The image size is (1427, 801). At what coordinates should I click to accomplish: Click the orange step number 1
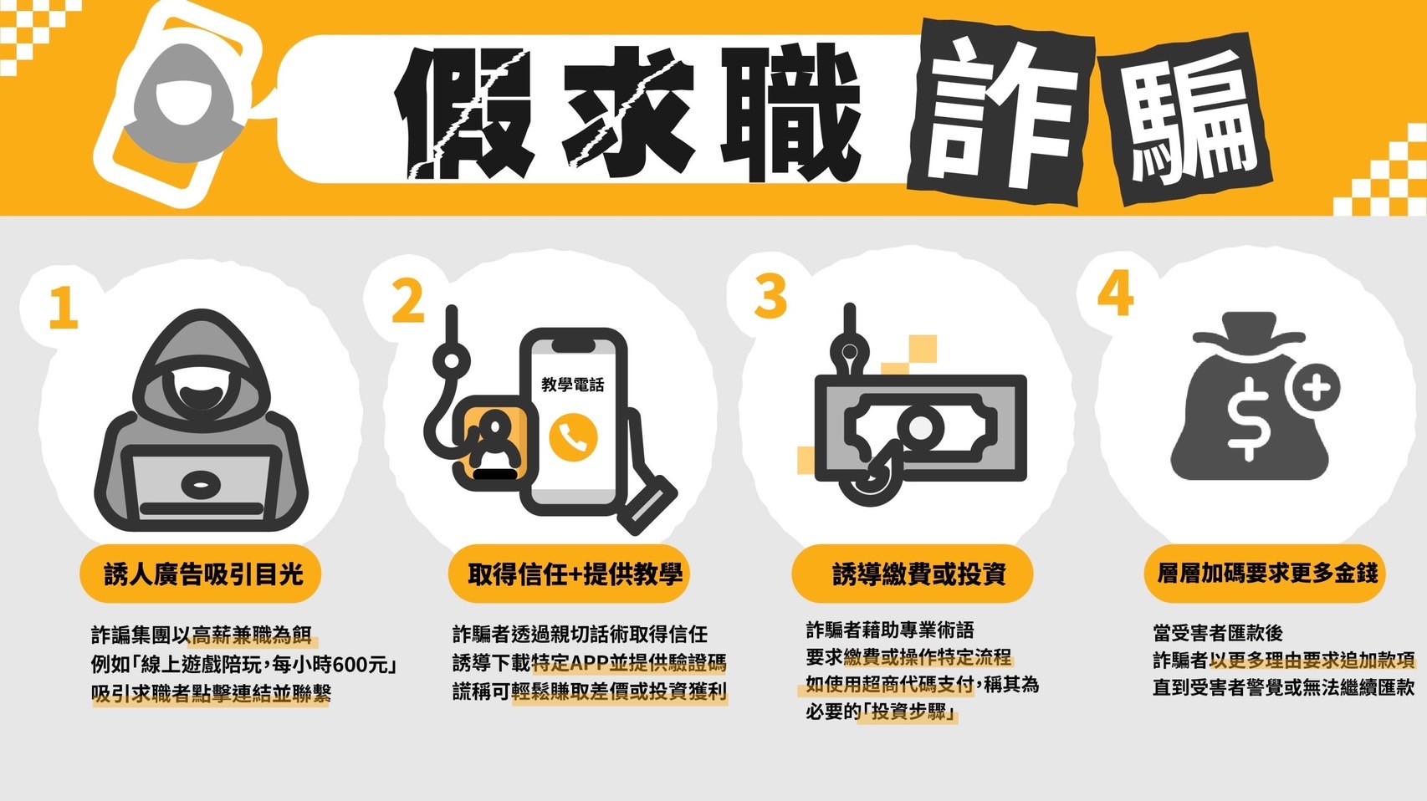[64, 308]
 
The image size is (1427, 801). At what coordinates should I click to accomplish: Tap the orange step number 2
[407, 300]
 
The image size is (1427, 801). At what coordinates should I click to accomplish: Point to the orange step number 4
[1116, 293]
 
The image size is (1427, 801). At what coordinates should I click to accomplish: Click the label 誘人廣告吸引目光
[202, 574]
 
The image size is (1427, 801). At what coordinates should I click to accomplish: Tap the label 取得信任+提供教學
[575, 574]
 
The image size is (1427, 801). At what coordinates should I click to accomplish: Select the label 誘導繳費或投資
[919, 574]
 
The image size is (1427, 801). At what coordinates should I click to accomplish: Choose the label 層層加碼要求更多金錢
[1266, 574]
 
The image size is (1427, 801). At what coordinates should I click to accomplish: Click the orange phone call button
[573, 436]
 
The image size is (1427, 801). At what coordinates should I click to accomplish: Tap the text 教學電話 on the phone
[572, 384]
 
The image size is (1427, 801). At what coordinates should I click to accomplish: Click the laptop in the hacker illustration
[202, 485]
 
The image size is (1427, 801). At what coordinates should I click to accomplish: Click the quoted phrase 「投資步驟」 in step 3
[908, 712]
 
